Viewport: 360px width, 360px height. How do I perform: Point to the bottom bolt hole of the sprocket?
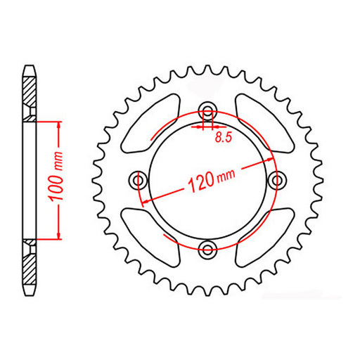(207, 247)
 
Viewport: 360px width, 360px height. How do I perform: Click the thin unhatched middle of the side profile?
(30, 180)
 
